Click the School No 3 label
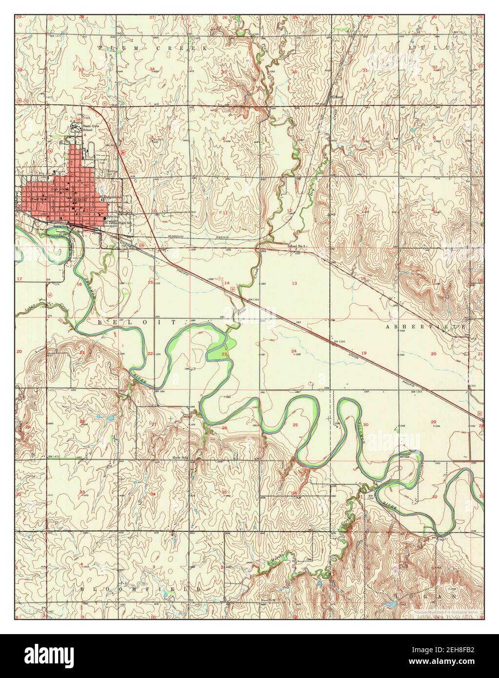tap(297, 247)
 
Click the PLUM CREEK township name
tap(152, 49)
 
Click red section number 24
tap(293, 351)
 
